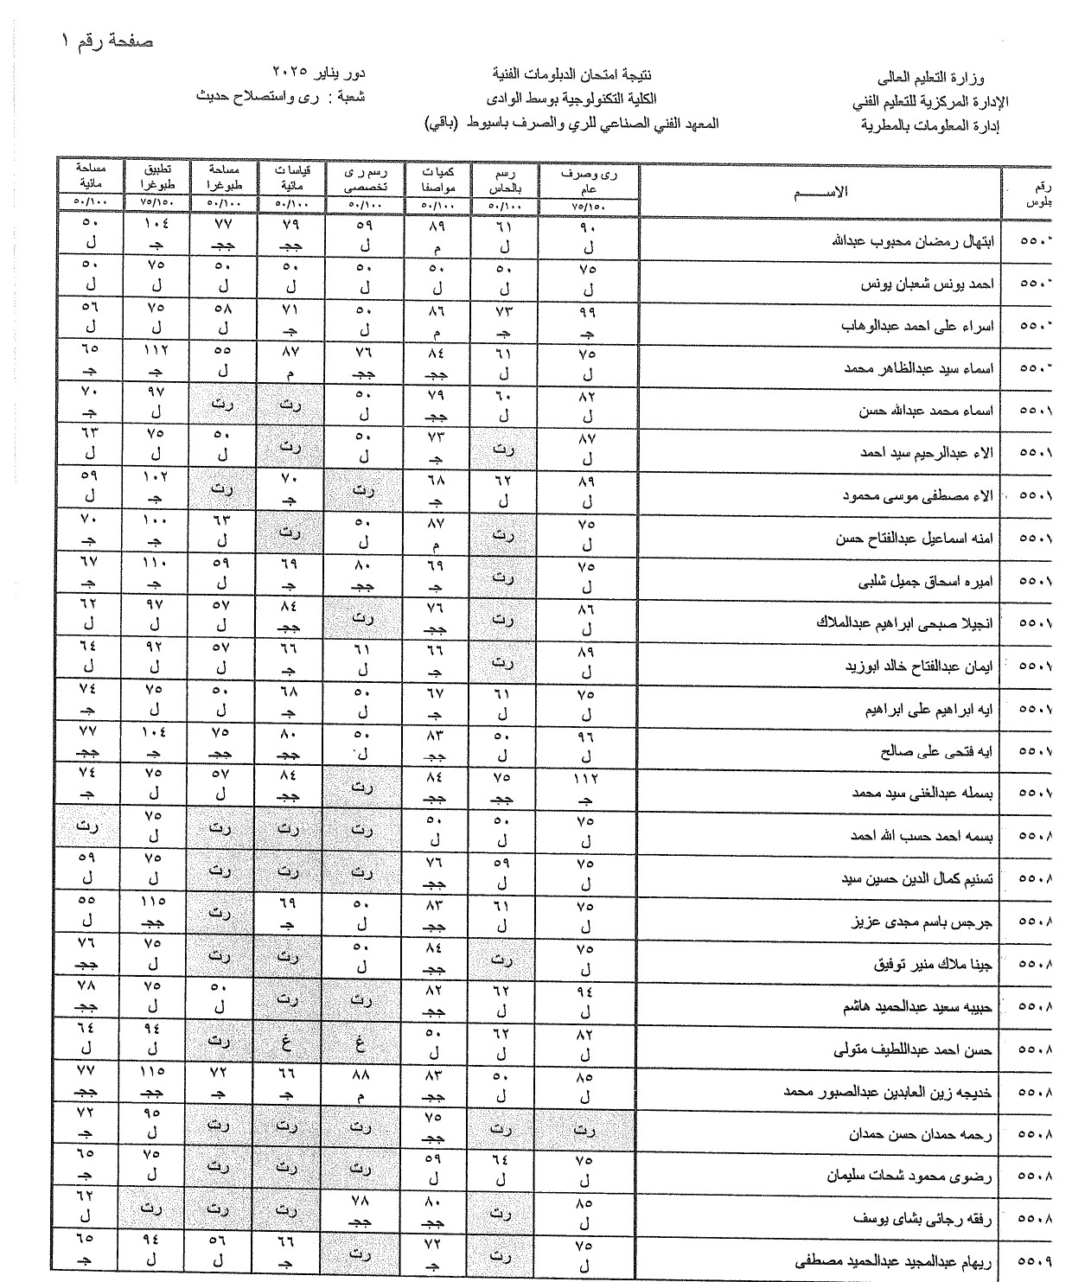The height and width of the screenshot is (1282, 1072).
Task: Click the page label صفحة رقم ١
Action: point(109,41)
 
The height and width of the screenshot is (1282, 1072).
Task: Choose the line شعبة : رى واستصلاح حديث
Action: point(282,97)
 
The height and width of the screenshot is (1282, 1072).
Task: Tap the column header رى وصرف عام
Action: point(589,180)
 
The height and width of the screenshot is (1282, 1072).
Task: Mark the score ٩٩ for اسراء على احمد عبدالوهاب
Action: point(587,311)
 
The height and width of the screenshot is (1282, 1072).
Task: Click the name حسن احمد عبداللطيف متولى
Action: point(915,1049)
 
